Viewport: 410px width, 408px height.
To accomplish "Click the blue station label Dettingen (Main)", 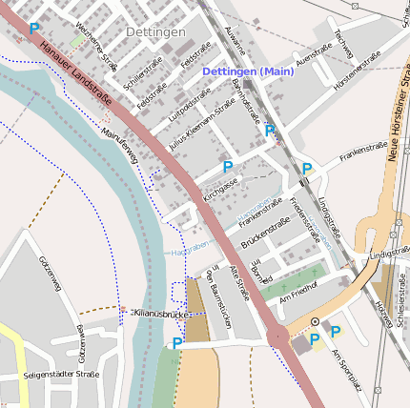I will pyautogui.click(x=248, y=71).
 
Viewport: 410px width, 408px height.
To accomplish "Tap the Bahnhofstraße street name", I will pyautogui.click(x=248, y=105).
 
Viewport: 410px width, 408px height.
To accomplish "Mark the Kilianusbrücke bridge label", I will pyautogui.click(x=155, y=313).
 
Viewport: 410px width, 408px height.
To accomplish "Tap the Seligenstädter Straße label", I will pyautogui.click(x=62, y=375).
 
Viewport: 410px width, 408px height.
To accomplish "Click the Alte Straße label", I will pyautogui.click(x=242, y=283).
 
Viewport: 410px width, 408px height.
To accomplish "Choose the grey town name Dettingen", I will pyautogui.click(x=155, y=32).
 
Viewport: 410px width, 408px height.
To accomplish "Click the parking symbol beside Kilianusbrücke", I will pyautogui.click(x=177, y=343).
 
